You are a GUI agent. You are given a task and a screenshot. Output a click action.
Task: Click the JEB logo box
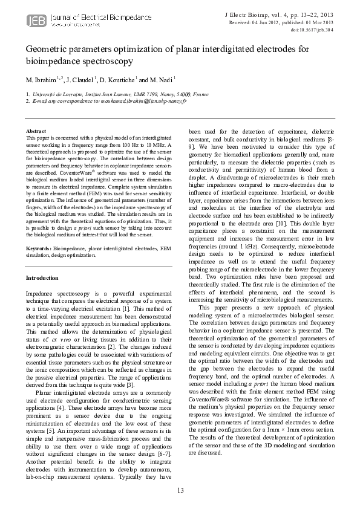pos(34,22)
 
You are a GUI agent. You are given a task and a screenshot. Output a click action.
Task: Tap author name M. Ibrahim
pos(41,79)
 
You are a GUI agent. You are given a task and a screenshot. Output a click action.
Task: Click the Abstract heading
pos(36,131)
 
